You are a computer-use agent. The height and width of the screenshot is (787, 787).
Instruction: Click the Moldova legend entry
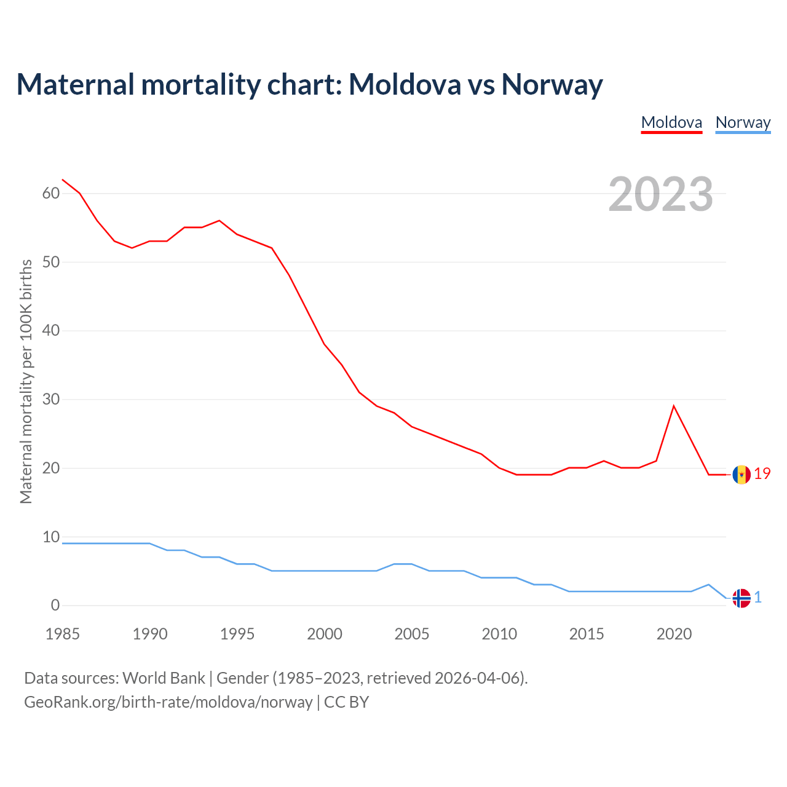click(671, 122)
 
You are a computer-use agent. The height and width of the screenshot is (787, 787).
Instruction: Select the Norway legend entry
click(743, 122)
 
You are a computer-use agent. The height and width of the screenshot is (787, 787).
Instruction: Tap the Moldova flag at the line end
click(742, 475)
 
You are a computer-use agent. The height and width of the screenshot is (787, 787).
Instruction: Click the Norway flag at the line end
click(742, 598)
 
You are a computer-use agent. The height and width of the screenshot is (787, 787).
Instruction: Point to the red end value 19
click(762, 473)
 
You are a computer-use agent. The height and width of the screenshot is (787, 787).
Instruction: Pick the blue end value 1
click(758, 597)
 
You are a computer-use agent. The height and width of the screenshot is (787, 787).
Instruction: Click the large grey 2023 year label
click(660, 194)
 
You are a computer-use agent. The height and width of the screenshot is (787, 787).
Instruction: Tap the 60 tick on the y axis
click(51, 193)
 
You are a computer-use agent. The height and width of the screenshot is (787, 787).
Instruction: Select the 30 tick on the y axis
click(51, 399)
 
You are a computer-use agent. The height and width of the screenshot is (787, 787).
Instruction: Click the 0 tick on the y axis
click(55, 605)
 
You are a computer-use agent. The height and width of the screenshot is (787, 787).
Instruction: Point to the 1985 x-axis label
click(63, 634)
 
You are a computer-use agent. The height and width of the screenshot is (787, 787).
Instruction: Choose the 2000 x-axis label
click(325, 634)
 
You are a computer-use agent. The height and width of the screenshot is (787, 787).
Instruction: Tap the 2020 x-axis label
click(674, 634)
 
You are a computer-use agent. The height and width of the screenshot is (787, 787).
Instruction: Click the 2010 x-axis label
click(499, 634)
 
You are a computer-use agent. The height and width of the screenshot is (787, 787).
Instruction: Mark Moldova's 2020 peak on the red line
click(674, 406)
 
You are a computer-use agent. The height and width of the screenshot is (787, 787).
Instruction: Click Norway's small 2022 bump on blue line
click(709, 585)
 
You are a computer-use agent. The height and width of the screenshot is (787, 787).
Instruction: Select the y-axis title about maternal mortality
click(26, 381)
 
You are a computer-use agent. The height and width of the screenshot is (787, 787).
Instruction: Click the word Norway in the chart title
click(552, 84)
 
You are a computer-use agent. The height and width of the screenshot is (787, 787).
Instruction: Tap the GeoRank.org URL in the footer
click(168, 702)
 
